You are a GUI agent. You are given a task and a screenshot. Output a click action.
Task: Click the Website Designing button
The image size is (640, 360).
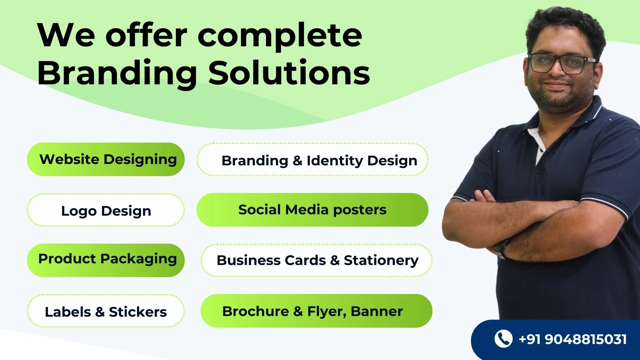(106, 159)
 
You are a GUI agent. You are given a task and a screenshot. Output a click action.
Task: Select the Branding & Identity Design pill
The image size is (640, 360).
(312, 159)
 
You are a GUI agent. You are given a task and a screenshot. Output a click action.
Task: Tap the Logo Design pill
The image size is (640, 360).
(106, 210)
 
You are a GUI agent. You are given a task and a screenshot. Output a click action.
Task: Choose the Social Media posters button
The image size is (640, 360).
(312, 210)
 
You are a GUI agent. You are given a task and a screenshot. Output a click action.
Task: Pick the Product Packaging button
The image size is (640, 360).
(106, 260)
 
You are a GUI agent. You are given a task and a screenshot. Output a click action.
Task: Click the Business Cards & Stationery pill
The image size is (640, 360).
(316, 260)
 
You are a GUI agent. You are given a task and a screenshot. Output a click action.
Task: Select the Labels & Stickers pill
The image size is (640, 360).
(106, 311)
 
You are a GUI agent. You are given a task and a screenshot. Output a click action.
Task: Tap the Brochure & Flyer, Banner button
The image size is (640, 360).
(316, 311)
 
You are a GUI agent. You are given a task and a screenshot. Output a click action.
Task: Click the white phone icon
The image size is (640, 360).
(503, 339)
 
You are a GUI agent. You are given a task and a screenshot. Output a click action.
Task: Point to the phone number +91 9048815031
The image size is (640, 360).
(573, 339)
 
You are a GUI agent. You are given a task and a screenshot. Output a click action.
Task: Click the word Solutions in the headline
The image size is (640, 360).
(289, 72)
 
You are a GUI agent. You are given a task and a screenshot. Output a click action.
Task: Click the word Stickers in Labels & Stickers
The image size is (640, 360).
(138, 312)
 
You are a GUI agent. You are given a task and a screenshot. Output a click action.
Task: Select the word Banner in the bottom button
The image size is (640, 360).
(377, 311)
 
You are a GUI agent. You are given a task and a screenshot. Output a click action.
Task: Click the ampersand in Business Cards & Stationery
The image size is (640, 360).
(335, 260)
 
